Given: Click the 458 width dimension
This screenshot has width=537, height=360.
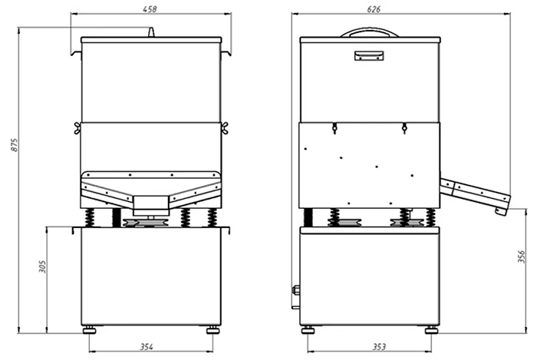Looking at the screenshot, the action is [x=150, y=9].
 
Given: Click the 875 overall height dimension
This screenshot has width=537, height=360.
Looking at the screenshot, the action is [x=14, y=145].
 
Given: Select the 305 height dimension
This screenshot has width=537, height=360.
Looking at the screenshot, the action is [x=42, y=266].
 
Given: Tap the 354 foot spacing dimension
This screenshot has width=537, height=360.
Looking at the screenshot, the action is [x=147, y=347].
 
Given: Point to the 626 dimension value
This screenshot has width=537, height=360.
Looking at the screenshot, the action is [x=374, y=9].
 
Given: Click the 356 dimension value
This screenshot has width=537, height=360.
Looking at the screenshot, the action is [x=521, y=256].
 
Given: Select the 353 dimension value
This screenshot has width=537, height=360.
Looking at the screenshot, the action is [x=379, y=347].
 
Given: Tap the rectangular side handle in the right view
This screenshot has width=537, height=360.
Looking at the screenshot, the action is [x=369, y=56].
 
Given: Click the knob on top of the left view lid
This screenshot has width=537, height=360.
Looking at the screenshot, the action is [x=151, y=32].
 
